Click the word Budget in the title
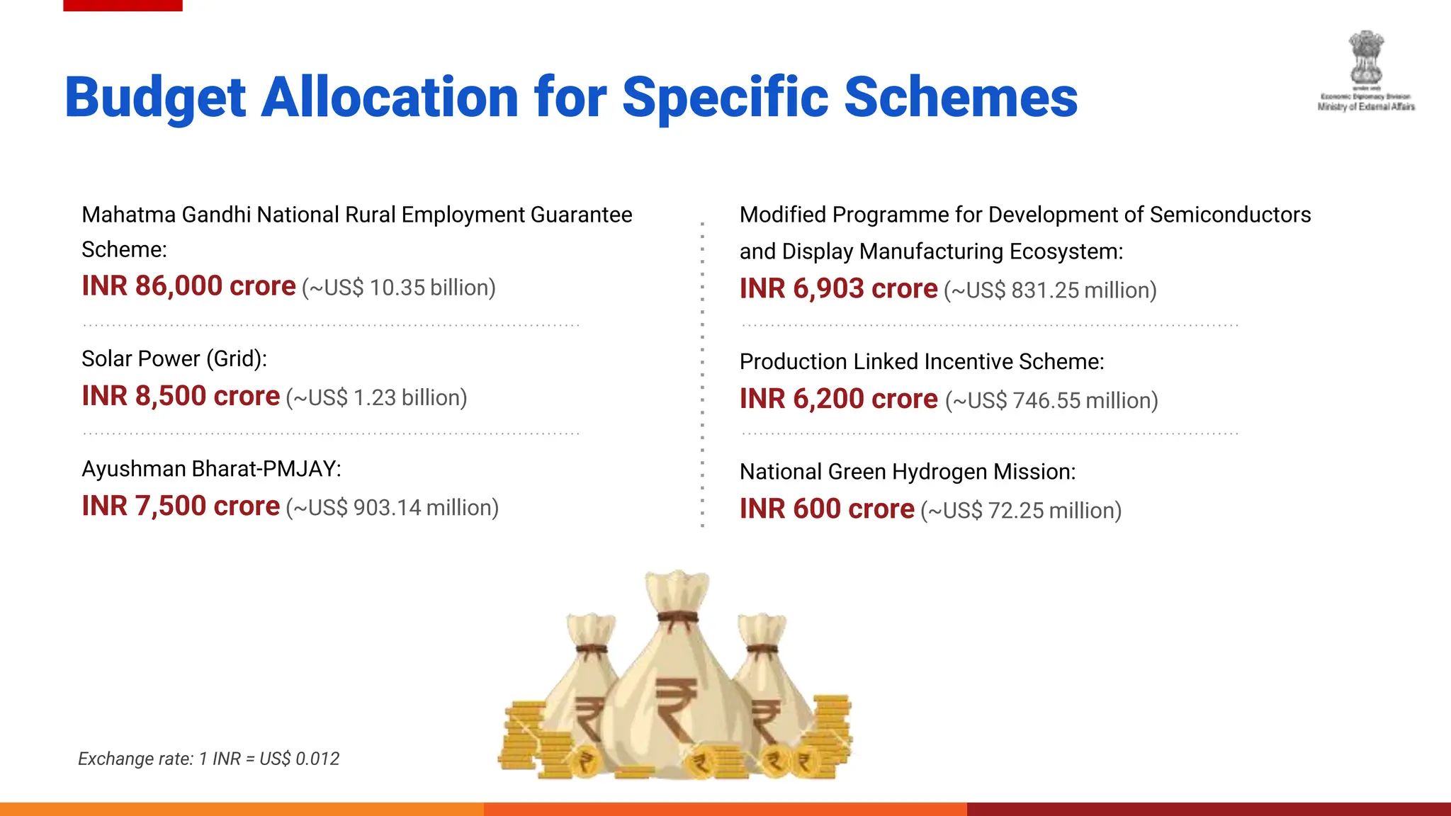click(x=155, y=98)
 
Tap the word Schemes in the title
click(x=961, y=98)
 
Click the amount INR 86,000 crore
click(x=188, y=286)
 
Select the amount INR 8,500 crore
click(x=181, y=396)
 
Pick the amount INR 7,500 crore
click(x=181, y=506)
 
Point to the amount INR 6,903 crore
click(x=838, y=289)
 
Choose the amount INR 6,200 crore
click(x=838, y=399)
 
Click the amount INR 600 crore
click(x=827, y=509)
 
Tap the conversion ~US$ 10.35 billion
click(x=399, y=288)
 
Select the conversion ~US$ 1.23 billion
click(x=377, y=398)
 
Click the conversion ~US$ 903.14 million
click(x=393, y=508)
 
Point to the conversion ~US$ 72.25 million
click(x=1021, y=511)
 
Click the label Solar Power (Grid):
click(x=174, y=358)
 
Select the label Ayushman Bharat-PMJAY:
click(x=211, y=469)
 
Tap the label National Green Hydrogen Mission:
click(x=908, y=472)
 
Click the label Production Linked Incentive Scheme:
click(x=922, y=362)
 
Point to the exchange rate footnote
click(x=208, y=759)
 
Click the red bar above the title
click(x=123, y=5)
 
